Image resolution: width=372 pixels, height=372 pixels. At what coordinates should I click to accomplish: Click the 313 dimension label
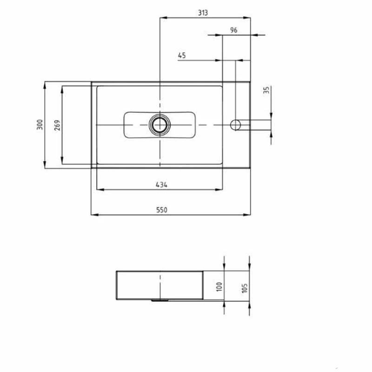[202, 13]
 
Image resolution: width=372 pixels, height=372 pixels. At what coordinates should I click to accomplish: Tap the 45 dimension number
[182, 55]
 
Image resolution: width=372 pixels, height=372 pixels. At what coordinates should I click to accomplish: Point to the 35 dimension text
[266, 90]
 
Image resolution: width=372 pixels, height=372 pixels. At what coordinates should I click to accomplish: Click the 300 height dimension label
[40, 124]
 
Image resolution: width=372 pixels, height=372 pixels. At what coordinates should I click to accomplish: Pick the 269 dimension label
[57, 125]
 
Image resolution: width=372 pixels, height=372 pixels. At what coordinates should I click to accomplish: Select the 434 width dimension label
[161, 185]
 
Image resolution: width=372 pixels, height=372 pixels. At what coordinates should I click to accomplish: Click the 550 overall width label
[161, 210]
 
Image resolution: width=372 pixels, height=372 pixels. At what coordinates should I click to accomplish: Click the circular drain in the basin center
[159, 124]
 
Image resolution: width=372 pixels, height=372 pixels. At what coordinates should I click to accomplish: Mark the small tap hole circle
[236, 124]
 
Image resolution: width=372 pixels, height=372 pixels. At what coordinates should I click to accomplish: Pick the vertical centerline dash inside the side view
[159, 284]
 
